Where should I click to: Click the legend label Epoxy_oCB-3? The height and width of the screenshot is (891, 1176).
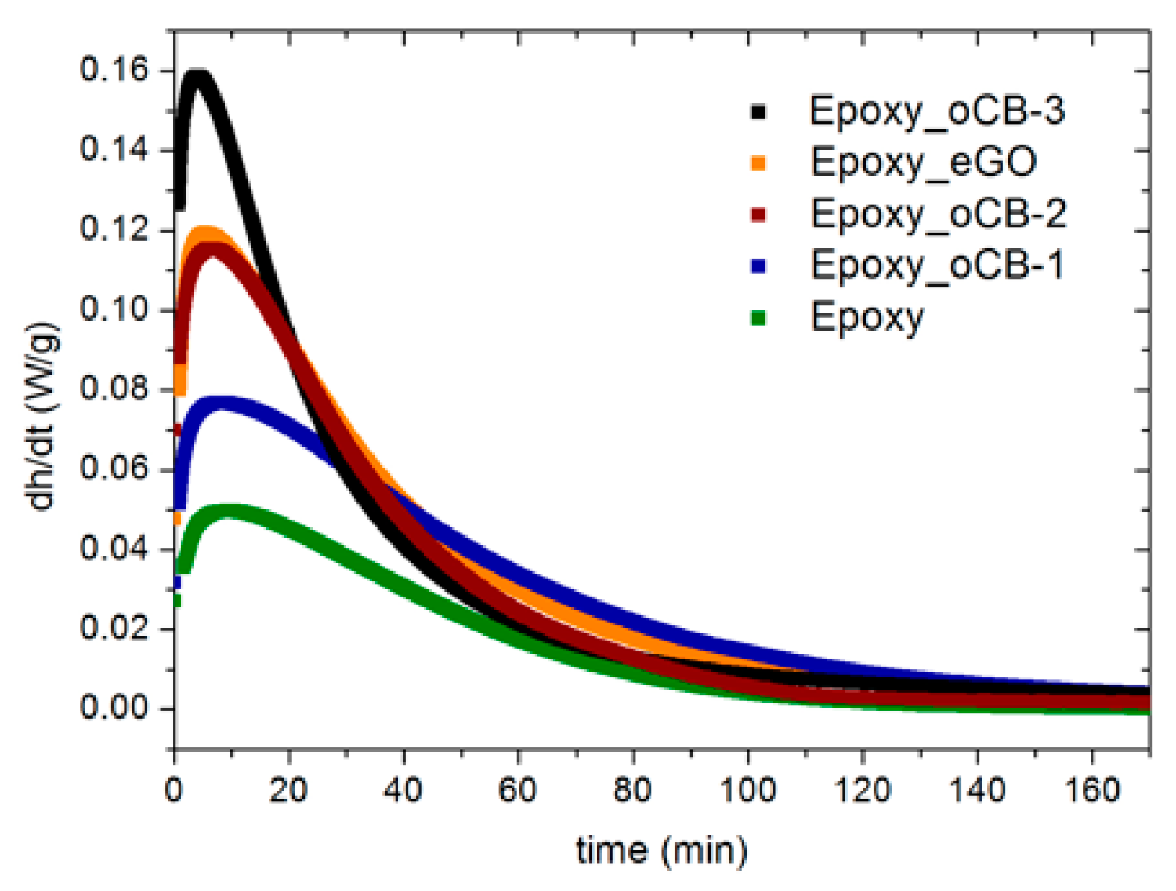pos(936,111)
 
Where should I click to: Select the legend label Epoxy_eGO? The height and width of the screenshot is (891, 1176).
pos(923,163)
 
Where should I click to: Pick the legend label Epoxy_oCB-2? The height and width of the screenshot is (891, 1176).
pos(938,215)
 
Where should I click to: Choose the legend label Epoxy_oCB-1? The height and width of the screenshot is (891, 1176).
pos(937,266)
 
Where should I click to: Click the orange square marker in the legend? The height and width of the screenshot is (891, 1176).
pos(758,163)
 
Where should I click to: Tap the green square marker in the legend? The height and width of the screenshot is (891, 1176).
pos(758,318)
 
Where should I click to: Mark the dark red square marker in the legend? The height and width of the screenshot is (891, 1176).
pos(758,215)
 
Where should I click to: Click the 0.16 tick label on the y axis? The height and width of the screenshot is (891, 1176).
pos(114,70)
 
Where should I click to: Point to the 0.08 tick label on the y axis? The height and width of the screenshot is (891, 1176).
pos(114,389)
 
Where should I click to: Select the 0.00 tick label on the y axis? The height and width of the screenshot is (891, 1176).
pos(114,708)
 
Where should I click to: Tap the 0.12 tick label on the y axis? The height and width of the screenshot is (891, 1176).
pos(114,230)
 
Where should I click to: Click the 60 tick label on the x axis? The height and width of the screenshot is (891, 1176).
pos(518,790)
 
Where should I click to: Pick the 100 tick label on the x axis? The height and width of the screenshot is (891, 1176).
pos(747,790)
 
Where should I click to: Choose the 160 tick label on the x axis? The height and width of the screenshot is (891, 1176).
pos(1091,790)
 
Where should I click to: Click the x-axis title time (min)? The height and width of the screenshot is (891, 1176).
pos(662,851)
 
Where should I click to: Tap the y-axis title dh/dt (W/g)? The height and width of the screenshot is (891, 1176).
pos(41,415)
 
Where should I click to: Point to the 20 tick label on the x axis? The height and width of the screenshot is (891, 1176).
pos(288,790)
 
